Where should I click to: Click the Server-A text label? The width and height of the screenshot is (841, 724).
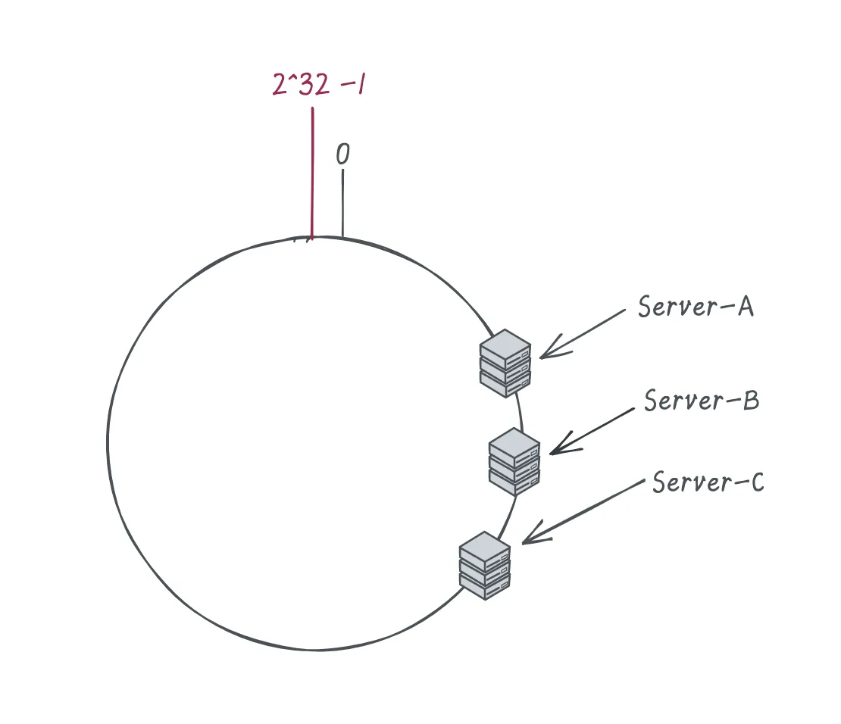point(696,307)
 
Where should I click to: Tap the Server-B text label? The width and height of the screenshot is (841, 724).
point(702,401)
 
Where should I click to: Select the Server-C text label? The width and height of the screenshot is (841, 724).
point(708,482)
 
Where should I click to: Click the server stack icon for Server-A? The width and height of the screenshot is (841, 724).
point(505,363)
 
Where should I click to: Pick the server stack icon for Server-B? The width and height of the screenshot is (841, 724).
point(514,462)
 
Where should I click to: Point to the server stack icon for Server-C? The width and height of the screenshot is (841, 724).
point(485,566)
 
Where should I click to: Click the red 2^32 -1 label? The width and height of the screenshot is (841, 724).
point(319,84)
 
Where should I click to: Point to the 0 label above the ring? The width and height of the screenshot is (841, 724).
point(342,154)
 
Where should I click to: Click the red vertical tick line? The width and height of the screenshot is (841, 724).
point(312,173)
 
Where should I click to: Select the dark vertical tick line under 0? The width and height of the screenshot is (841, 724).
point(342,203)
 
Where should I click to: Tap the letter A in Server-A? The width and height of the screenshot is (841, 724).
point(746,307)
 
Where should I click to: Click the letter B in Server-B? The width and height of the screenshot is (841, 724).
point(752,401)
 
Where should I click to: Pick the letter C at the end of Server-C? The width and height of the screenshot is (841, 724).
point(758,482)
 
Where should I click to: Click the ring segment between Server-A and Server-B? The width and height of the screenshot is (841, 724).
point(521,413)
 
